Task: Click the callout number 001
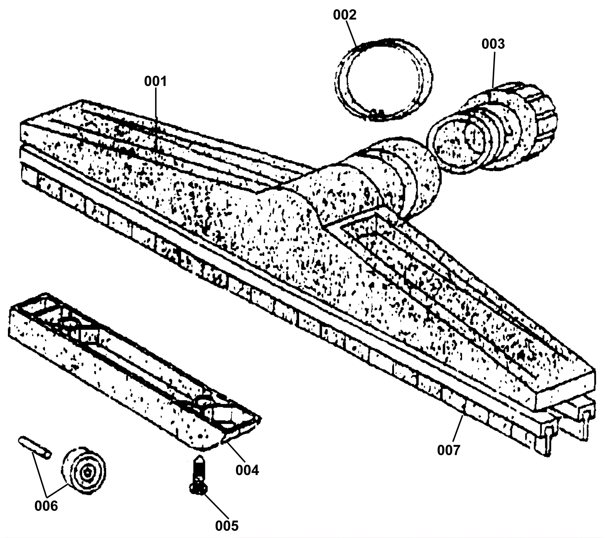155,81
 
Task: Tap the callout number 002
344,15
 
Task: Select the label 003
493,44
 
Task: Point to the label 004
247,470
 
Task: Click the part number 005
227,526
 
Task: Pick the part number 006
46,506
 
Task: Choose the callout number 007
449,451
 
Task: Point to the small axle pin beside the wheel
34,447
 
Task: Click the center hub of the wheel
88,471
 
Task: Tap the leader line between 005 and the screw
216,505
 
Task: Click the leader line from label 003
492,68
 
